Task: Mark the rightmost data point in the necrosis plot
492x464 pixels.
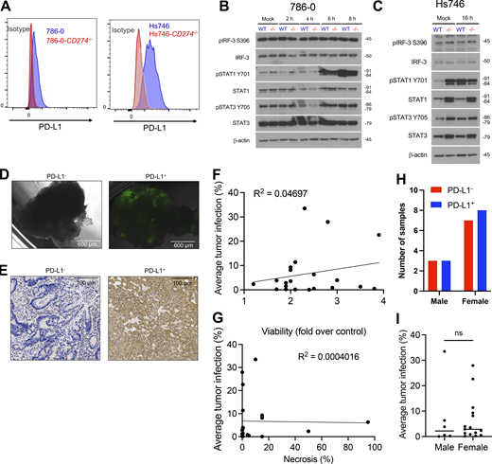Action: [x=367, y=422]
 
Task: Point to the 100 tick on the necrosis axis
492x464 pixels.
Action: [x=374, y=442]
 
